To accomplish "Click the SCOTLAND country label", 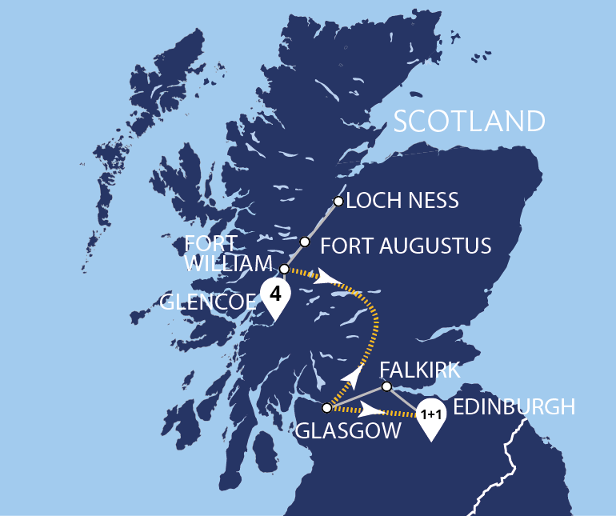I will [x=470, y=121].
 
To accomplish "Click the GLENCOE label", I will [x=208, y=302].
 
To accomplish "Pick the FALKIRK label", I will [x=420, y=370].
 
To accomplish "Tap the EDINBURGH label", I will [x=514, y=406].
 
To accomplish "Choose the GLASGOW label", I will [x=349, y=431].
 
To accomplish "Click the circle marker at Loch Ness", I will [x=338, y=202].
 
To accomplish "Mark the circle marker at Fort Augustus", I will [x=305, y=242].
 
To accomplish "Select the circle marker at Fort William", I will [x=285, y=269].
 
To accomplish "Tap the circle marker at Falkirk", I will [x=386, y=386].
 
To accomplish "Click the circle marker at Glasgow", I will [x=326, y=407].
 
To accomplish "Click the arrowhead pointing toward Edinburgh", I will [x=370, y=411].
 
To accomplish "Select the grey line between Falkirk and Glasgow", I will [x=357, y=397].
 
